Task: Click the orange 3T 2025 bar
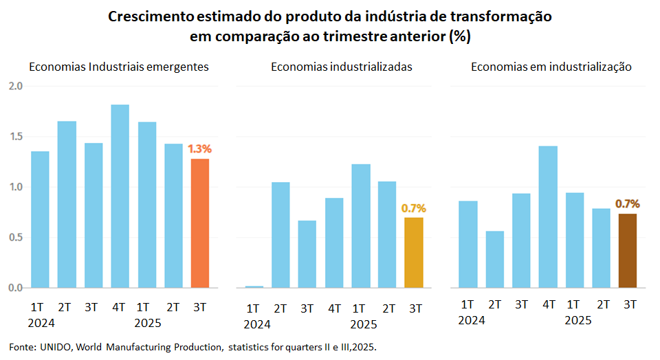tap(199, 223)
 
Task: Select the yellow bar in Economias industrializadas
tap(414, 252)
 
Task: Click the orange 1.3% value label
tap(199, 148)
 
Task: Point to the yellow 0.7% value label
tap(414, 207)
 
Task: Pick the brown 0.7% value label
tap(628, 203)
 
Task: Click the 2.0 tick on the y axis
tap(16, 86)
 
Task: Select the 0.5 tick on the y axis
tap(16, 238)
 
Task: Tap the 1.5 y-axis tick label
tap(16, 137)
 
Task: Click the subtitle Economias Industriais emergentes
tap(118, 67)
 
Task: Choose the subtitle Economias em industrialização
tap(551, 67)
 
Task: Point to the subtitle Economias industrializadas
tap(341, 67)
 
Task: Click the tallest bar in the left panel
tap(120, 196)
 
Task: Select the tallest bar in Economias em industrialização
tap(548, 216)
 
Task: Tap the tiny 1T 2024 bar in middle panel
tap(254, 286)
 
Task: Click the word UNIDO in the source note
tap(59, 346)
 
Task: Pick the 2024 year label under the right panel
tap(471, 320)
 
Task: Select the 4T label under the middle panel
tap(334, 308)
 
